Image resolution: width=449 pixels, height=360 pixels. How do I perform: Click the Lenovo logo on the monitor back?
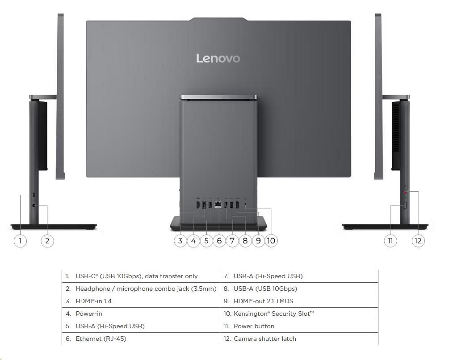[218, 59]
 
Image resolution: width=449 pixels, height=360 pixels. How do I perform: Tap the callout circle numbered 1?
[20, 241]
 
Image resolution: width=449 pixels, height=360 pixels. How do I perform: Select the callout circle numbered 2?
[47, 241]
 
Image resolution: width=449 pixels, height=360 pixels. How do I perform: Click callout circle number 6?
[219, 241]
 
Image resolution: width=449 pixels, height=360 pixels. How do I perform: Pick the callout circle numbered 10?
[271, 241]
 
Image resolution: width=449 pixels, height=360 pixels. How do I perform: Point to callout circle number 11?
[390, 241]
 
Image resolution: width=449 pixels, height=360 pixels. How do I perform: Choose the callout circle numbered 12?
[418, 241]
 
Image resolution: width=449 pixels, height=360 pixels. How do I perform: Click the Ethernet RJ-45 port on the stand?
[218, 205]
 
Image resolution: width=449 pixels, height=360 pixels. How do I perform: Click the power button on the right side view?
[405, 205]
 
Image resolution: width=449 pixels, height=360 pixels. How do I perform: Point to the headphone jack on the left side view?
[35, 206]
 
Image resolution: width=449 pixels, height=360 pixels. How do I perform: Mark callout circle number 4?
[193, 241]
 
